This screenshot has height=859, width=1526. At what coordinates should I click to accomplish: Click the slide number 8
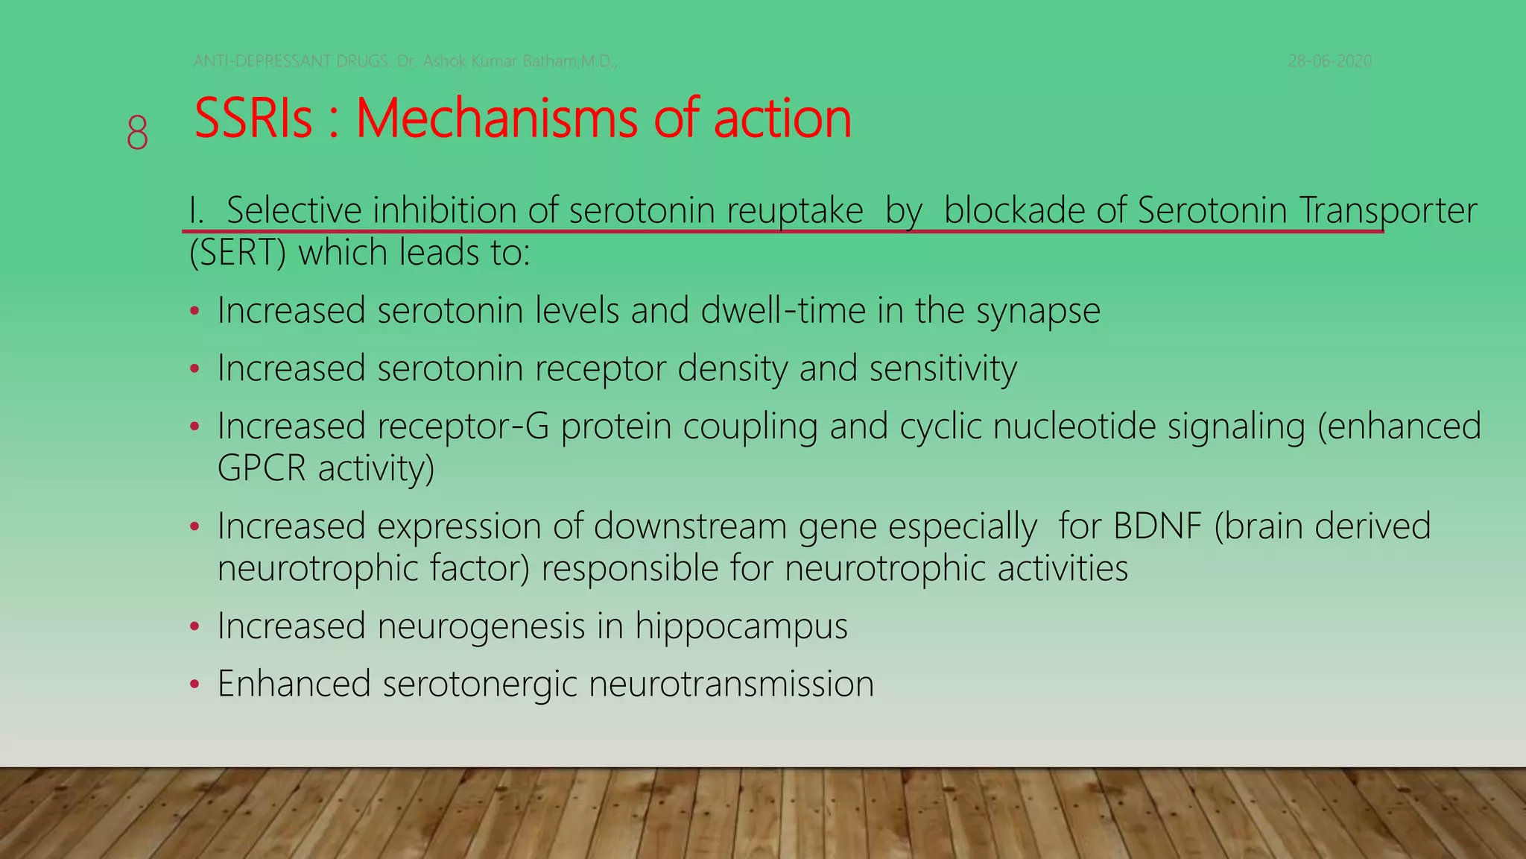click(137, 133)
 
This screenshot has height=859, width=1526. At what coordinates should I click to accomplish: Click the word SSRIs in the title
click(253, 119)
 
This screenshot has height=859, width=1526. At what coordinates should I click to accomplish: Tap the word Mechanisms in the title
click(496, 119)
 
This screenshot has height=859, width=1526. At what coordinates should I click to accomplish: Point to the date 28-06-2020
click(1329, 61)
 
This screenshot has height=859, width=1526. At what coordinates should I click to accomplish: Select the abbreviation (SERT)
click(238, 253)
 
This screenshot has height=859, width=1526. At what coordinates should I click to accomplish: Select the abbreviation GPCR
click(262, 468)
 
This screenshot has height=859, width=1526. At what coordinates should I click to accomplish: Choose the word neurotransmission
click(731, 684)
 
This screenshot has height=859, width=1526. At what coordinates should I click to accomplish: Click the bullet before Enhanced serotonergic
click(194, 684)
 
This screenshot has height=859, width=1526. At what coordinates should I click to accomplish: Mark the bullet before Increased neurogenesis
click(194, 626)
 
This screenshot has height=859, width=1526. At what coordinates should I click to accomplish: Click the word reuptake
click(795, 211)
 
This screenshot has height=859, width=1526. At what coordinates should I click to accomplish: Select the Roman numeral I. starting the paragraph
click(196, 210)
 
